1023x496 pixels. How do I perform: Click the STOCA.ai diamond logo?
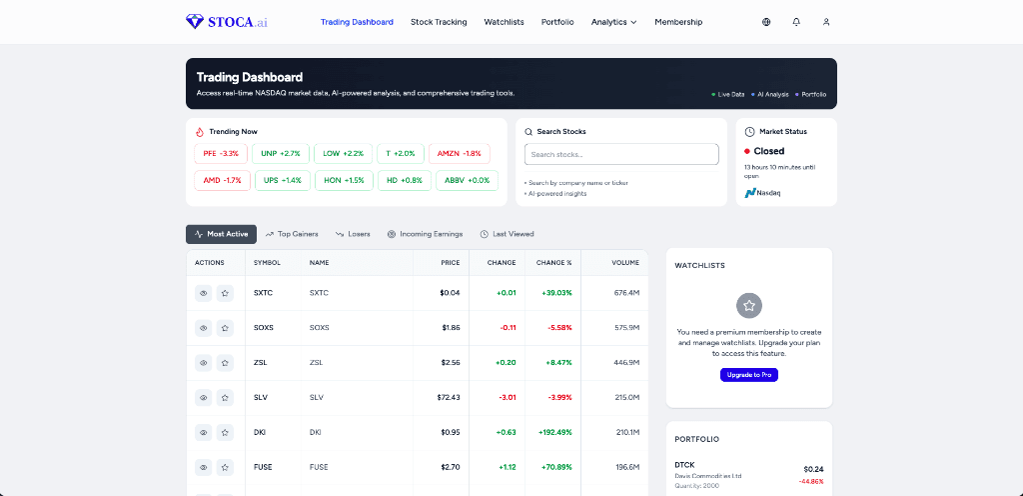[x=194, y=21]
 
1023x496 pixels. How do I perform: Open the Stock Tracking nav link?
[x=439, y=22]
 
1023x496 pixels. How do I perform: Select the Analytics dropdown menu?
[x=613, y=22]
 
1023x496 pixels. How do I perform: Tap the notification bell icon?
[x=796, y=22]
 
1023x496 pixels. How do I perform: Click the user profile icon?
[x=826, y=22]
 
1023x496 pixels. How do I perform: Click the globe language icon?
[x=766, y=22]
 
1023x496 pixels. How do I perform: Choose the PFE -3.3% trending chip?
[x=221, y=153]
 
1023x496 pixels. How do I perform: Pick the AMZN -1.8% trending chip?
[x=459, y=153]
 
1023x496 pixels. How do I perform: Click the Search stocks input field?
[x=621, y=154]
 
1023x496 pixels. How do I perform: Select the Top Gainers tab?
[x=292, y=234]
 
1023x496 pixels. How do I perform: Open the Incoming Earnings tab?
[x=425, y=234]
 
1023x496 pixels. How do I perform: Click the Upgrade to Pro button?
[x=748, y=374]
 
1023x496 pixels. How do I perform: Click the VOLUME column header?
[x=625, y=263]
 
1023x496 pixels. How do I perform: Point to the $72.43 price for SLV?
[x=449, y=397]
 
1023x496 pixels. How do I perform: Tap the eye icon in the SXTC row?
[x=203, y=293]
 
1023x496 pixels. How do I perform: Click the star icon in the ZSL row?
[x=225, y=363]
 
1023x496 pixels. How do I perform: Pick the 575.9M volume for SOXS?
[x=626, y=328]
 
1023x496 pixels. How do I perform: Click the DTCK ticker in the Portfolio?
[x=684, y=465]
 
